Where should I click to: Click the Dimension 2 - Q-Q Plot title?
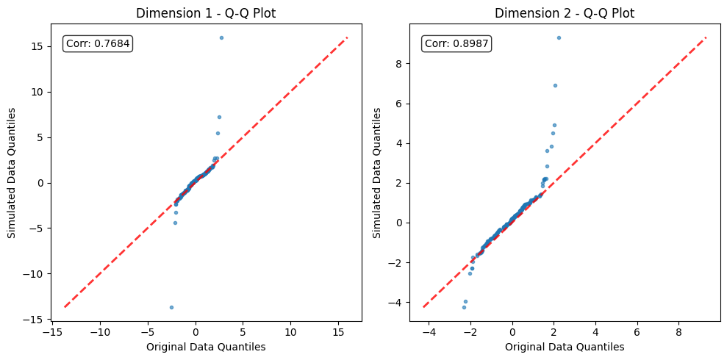pos(565,13)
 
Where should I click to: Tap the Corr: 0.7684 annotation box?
pos(98,44)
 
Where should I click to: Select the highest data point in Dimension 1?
pos(221,37)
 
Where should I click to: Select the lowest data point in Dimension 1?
pos(171,307)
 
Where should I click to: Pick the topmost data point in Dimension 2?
pos(559,37)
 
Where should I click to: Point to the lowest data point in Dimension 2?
pos(464,307)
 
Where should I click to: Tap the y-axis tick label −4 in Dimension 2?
pos(395,302)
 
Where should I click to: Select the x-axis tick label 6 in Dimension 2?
pos(637,333)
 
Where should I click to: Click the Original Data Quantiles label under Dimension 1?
pos(206,347)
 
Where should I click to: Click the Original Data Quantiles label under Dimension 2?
pos(565,347)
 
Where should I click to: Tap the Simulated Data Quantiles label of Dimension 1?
pos(12,173)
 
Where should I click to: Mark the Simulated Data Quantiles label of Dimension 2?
pos(377,173)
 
